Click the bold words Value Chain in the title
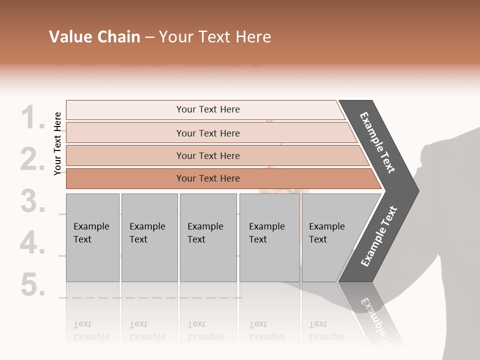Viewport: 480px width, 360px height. pos(94,37)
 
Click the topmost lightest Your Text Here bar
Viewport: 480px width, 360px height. pos(207,109)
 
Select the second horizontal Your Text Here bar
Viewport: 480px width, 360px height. pos(207,133)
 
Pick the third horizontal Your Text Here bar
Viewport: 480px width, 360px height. pos(207,155)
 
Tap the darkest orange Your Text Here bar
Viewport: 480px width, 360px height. pos(207,178)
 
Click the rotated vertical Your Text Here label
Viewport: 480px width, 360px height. pos(58,143)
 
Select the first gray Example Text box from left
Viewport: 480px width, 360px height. pos(92,237)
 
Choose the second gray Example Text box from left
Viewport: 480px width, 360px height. pos(149,237)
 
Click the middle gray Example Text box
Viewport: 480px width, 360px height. pos(208,237)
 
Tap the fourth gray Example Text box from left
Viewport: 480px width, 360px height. pos(269,237)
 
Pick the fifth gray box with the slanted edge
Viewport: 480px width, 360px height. pos(330,237)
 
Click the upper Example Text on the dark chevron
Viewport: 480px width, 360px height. pos(377,142)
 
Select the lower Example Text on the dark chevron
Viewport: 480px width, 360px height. pos(379,236)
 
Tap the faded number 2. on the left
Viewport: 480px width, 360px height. pos(33,159)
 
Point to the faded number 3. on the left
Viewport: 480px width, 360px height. pos(33,201)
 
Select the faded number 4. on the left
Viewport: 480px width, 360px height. pos(33,243)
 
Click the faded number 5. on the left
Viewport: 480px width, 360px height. pos(33,285)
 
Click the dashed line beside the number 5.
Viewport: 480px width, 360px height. pos(150,297)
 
